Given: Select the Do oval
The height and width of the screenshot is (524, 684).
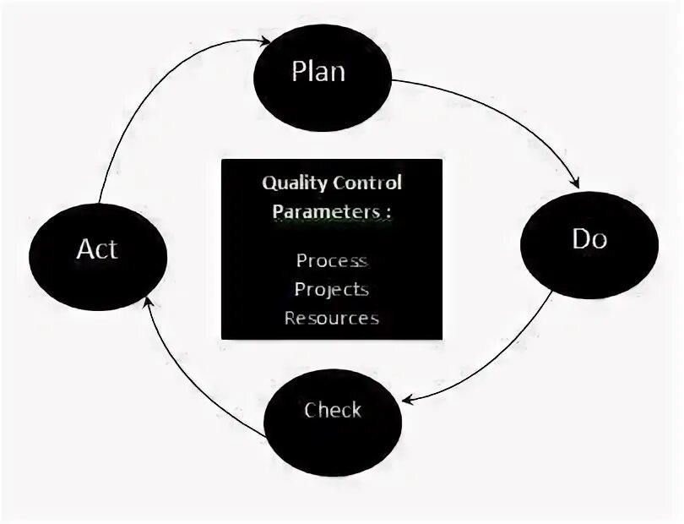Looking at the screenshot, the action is tap(589, 243).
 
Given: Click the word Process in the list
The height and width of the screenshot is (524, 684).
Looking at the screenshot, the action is tap(331, 260).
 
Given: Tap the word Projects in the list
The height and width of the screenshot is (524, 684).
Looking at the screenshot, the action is tap(331, 289).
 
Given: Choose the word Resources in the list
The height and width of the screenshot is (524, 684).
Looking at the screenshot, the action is tap(331, 319).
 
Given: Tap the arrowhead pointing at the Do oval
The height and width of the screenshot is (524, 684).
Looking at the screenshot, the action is tap(576, 183).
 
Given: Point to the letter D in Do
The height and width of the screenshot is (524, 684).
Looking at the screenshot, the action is tap(580, 240).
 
